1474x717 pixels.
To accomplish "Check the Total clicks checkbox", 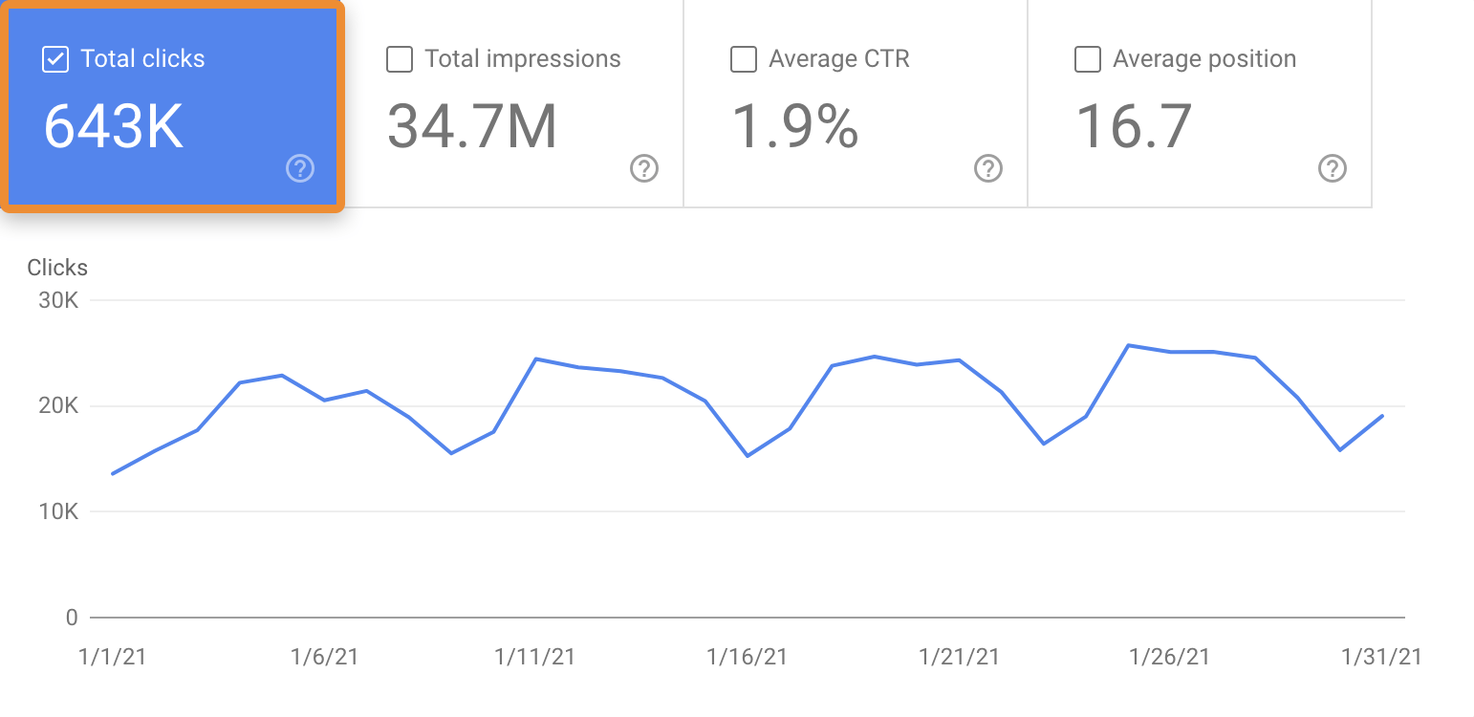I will [55, 59].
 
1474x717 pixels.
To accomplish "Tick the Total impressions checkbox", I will [400, 59].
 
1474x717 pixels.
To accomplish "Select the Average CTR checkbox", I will [744, 59].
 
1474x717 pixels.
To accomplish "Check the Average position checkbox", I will [1088, 59].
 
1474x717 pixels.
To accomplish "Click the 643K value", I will [114, 127].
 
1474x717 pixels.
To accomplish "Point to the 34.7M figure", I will [472, 127].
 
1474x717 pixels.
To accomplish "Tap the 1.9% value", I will [795, 127].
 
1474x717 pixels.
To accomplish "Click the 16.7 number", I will [1135, 127].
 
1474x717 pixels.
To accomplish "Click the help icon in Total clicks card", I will [300, 169].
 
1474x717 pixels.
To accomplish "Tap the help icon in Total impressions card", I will [644, 169].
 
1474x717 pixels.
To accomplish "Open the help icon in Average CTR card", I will [987, 169].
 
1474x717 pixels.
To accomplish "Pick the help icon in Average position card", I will [1332, 169].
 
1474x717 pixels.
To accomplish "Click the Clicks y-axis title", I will [57, 268].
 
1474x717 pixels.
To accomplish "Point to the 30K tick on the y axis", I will [58, 300].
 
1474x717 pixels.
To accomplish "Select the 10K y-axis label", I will [58, 512].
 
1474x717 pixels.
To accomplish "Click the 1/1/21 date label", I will [113, 657].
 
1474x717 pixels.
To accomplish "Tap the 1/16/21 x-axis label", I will [748, 657].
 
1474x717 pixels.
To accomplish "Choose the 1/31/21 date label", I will [1381, 657].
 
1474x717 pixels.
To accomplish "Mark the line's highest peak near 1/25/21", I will [1129, 345].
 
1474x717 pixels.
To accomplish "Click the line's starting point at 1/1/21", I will [113, 473].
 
